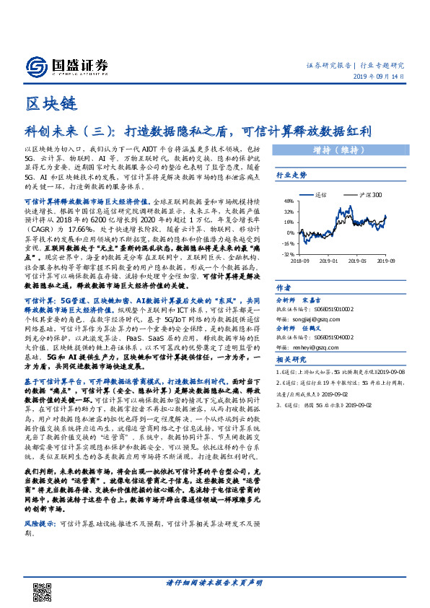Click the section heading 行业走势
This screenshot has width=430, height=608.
(291, 175)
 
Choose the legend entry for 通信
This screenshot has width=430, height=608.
(321, 195)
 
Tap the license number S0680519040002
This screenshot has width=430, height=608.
(331, 336)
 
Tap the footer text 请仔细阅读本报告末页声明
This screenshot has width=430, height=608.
(214, 583)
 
